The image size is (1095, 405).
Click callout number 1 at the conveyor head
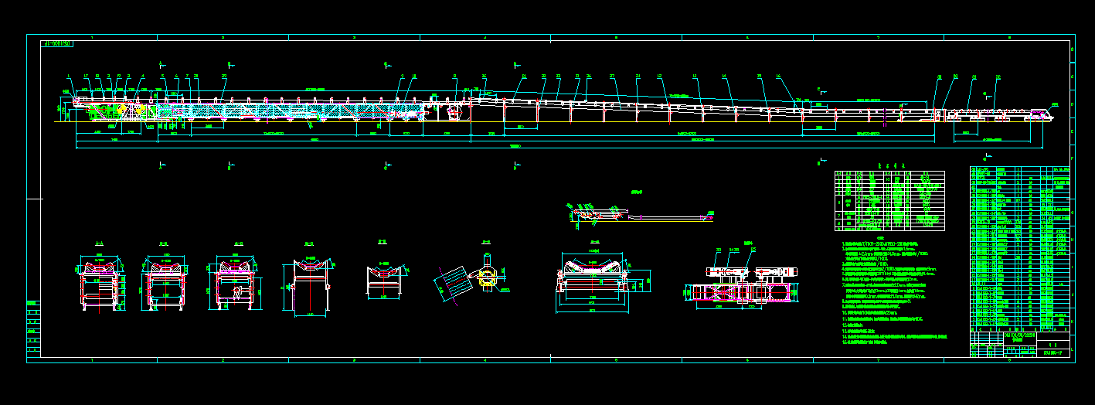pos(69,76)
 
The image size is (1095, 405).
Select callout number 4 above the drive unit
pos(141,76)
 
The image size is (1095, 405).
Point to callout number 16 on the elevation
pos(779,76)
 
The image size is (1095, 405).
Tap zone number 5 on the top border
pos(616,37)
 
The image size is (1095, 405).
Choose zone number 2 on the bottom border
pos(223,360)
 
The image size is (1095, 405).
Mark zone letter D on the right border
pos(1072,102)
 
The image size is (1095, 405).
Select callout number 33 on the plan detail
pos(719,250)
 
